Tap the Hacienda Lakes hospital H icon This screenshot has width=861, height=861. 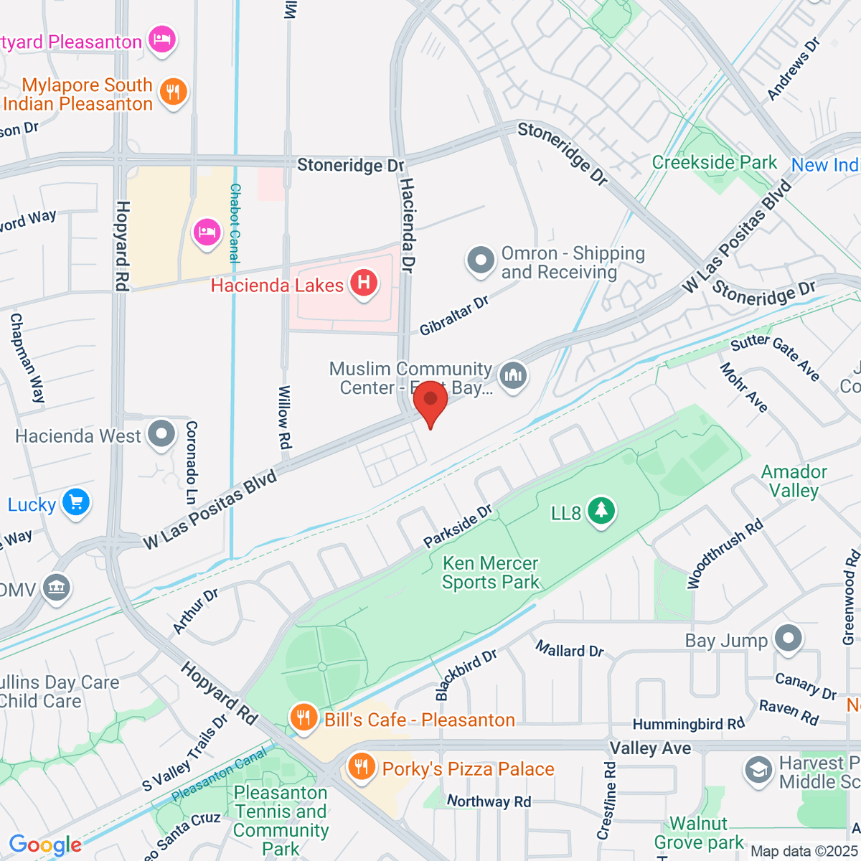click(364, 283)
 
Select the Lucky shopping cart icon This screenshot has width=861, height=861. click(76, 502)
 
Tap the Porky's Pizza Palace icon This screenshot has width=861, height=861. click(362, 766)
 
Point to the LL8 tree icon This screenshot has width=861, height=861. click(601, 511)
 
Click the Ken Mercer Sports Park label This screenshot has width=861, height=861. click(491, 573)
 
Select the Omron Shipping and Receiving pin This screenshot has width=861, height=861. click(480, 260)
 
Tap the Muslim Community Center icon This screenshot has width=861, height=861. click(512, 375)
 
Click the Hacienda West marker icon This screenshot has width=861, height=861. click(161, 433)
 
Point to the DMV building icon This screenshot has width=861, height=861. click(56, 588)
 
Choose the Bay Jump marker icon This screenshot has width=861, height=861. click(789, 638)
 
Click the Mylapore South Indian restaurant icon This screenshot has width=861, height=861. click(173, 92)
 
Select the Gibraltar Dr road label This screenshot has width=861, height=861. click(453, 316)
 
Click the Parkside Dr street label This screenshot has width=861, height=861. click(458, 526)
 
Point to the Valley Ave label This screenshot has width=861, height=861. click(650, 748)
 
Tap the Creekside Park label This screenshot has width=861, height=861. click(714, 163)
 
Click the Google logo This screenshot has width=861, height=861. click(45, 845)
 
